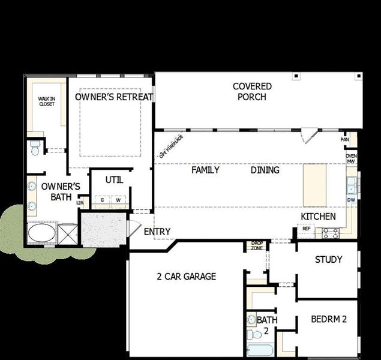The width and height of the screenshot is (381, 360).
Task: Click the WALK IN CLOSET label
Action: tap(46, 101)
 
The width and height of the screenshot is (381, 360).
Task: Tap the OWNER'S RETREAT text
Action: tap(114, 97)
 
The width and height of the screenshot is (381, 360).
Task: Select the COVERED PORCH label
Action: tap(252, 91)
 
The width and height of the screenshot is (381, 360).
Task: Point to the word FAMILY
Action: tap(205, 170)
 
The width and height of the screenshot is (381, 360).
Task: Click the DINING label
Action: tap(265, 170)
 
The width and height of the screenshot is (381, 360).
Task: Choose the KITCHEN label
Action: tap(318, 216)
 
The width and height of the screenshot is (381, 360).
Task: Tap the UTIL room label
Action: tap(115, 179)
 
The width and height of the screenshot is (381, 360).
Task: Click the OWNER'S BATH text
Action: tap(61, 191)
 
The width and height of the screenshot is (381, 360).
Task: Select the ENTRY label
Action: tap(157, 232)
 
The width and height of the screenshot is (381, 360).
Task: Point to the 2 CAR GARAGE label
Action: tap(186, 277)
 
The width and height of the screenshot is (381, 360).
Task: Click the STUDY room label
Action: tap(328, 259)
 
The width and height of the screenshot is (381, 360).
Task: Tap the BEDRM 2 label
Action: tap(329, 319)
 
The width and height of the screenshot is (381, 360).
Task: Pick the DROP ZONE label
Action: tap(257, 245)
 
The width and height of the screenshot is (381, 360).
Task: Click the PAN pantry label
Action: tap(344, 139)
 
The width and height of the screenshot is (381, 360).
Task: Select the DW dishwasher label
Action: tap(351, 200)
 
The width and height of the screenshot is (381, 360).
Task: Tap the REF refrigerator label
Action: tap(306, 229)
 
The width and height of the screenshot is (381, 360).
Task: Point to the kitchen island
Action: tap(315, 184)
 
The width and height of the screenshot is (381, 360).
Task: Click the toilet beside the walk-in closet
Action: tap(35, 147)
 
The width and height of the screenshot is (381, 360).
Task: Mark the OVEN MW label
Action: tap(351, 158)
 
